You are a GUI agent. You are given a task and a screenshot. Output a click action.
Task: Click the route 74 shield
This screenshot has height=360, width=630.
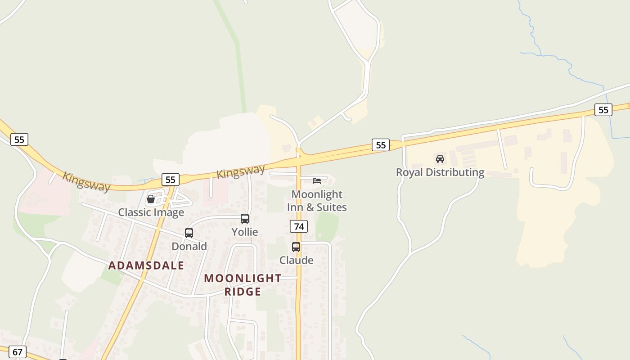coord(298,226)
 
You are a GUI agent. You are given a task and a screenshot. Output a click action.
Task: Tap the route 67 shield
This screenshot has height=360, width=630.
coord(18,351)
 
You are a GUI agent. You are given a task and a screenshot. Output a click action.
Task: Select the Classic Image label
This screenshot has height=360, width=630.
coord(151,212)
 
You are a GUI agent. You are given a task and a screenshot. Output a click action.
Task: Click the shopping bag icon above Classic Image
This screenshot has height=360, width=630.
coord(151,199)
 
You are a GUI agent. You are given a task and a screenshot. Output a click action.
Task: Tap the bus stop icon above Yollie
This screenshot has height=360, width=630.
coord(245,219)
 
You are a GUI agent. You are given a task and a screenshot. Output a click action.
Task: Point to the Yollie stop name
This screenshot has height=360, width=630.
coord(245,232)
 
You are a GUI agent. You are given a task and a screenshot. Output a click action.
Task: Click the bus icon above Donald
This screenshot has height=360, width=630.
coord(189,233)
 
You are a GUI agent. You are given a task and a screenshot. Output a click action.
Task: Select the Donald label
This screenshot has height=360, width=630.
coord(189,247)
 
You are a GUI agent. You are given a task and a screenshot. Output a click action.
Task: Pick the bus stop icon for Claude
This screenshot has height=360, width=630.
coord(296,247)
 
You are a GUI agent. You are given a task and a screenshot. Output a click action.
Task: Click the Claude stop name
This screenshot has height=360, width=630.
coord(297,260)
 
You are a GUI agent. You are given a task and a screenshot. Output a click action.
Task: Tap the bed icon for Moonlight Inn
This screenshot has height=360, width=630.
coord(317,181)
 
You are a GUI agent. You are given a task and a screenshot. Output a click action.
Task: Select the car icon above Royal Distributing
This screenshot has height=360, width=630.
coord(440,159)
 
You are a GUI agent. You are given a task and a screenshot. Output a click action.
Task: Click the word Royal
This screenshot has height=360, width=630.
coord(409,172)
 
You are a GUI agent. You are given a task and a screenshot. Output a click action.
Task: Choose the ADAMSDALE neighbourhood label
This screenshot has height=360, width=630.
coord(146,265)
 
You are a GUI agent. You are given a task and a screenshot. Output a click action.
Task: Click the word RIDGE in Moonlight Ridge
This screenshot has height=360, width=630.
coord(243,292)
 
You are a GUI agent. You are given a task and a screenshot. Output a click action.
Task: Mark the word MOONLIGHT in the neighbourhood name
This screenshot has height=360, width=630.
coord(243,278)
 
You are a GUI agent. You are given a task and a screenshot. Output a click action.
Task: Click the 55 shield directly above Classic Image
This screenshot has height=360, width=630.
coord(170,180)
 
